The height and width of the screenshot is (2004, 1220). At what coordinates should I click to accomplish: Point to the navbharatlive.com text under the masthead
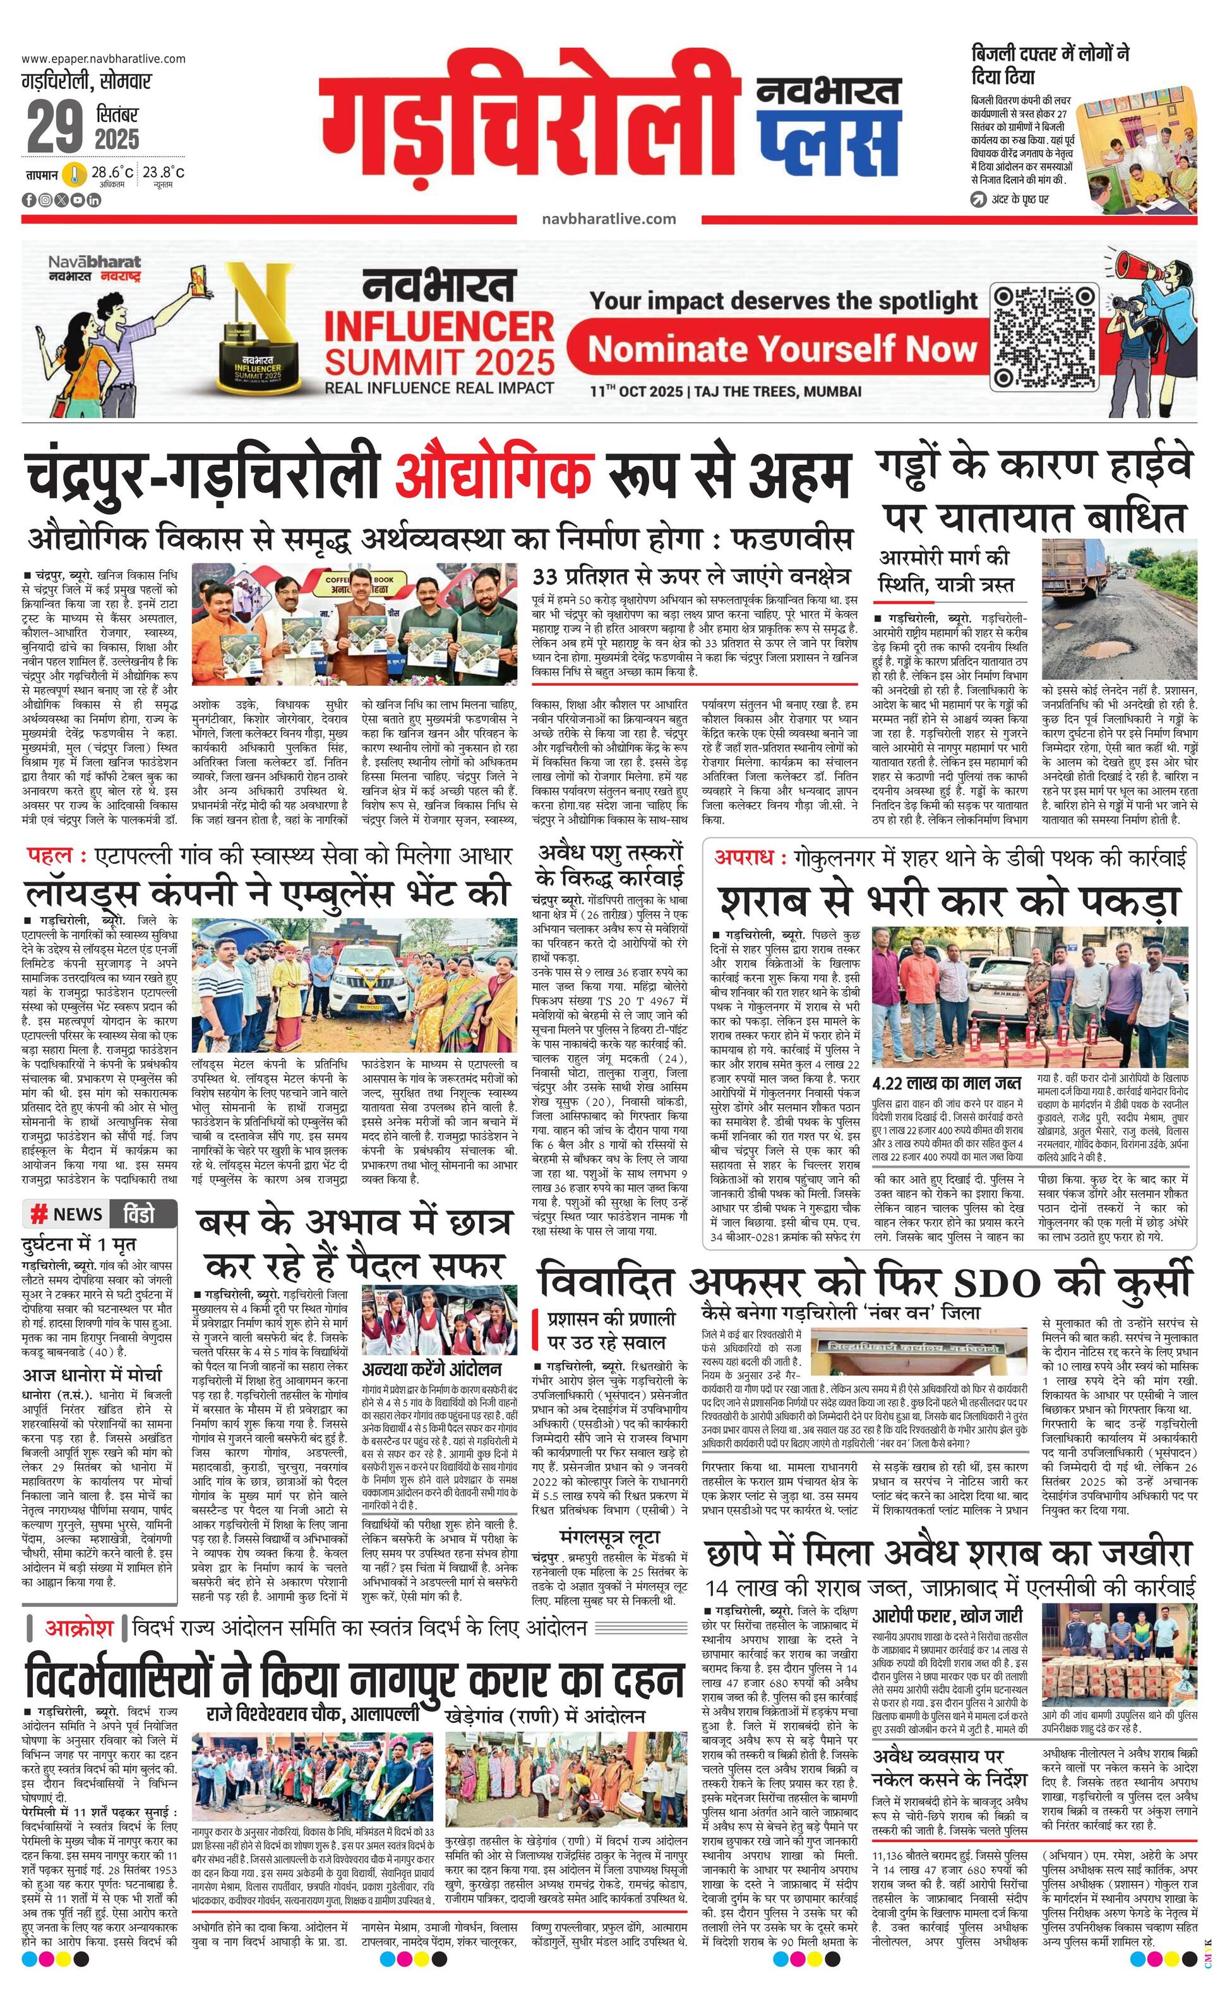point(608,218)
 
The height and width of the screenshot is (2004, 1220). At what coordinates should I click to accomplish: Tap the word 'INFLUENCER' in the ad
point(438,326)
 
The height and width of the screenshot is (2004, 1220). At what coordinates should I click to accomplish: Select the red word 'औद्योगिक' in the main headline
point(494,473)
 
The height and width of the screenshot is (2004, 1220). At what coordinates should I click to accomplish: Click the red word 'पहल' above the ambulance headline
point(51,856)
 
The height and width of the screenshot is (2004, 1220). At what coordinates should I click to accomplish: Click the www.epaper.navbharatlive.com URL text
point(104,59)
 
